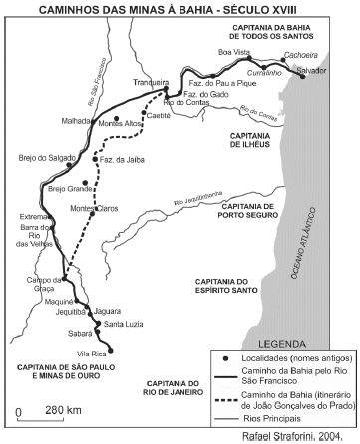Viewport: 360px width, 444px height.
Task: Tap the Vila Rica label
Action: pos(92,353)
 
